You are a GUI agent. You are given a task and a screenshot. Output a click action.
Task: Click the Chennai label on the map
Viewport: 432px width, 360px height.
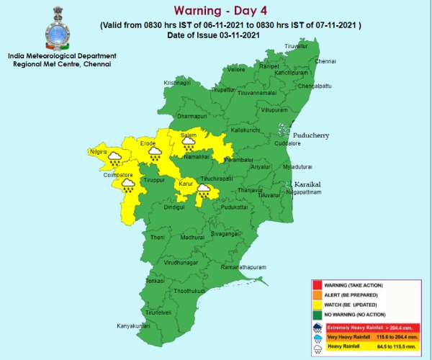click(325, 61)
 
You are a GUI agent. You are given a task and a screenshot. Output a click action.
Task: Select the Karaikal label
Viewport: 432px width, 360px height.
click(307, 184)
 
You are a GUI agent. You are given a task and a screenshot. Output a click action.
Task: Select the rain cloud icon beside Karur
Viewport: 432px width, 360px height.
click(204, 190)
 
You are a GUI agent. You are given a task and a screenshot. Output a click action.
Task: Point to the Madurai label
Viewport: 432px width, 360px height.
click(192, 237)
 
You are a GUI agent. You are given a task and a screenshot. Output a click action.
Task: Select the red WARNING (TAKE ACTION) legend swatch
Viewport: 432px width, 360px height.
click(316, 286)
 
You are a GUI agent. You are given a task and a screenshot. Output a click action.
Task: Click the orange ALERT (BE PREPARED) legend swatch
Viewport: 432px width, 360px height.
click(316, 294)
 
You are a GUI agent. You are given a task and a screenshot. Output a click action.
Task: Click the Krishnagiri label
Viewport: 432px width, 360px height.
click(178, 83)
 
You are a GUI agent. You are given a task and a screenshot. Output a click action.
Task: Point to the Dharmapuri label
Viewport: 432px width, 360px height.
click(191, 115)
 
